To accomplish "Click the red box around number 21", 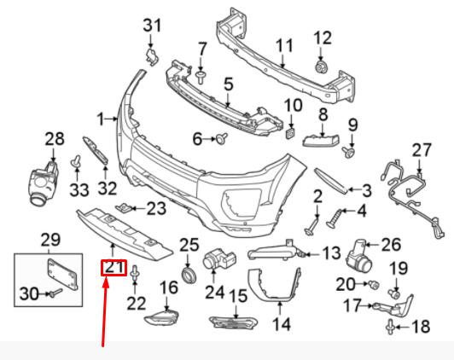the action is click(x=113, y=268).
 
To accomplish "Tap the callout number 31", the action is click(x=152, y=26).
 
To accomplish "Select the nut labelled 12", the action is click(x=321, y=67).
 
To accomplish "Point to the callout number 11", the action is click(x=284, y=46).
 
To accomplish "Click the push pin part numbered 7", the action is click(x=200, y=78).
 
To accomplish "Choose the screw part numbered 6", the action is click(x=222, y=138).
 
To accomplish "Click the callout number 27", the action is click(x=422, y=150).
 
